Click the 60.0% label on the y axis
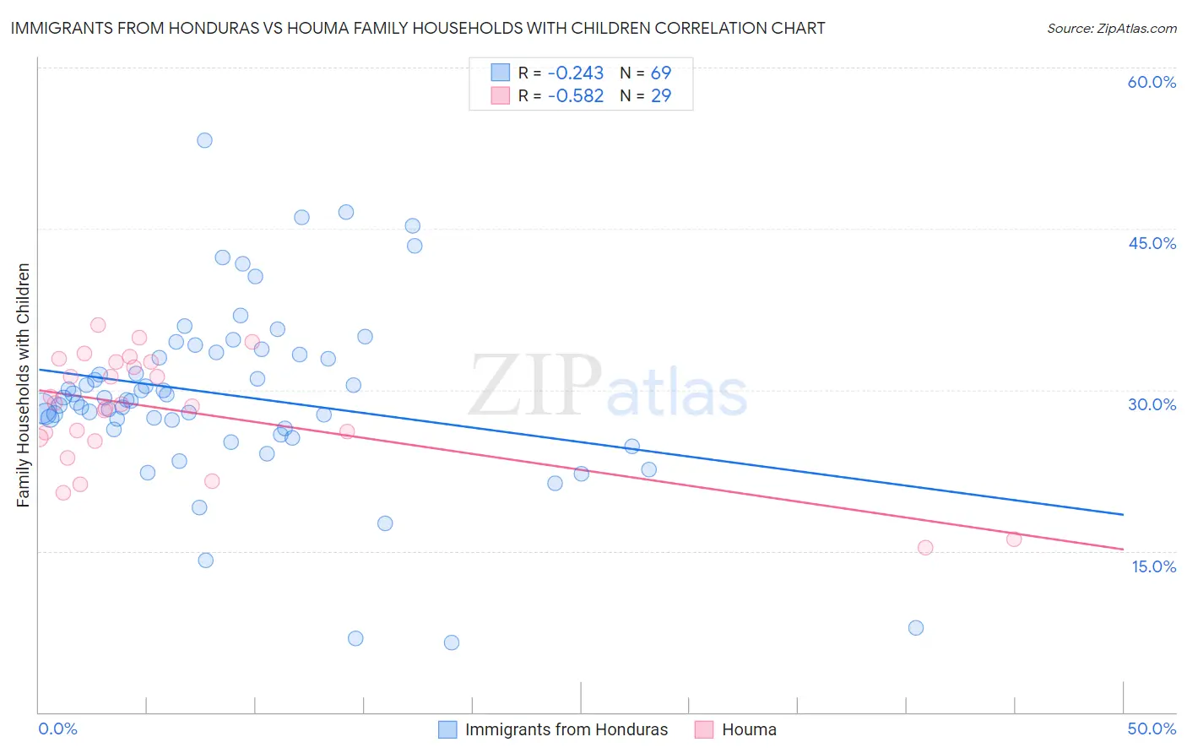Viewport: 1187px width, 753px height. pos(1152,82)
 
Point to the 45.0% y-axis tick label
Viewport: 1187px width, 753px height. pos(1152,243)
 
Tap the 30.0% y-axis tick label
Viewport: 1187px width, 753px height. pos(1152,404)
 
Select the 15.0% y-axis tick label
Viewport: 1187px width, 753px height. pos(1153,566)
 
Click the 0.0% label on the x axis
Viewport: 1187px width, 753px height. pos(57,729)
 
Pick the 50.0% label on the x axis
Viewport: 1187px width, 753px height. pos(1152,729)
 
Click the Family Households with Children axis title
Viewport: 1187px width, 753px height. pos(24,385)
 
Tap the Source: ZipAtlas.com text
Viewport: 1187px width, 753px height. pos(1111,28)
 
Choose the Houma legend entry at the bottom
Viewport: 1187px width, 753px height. pos(748,729)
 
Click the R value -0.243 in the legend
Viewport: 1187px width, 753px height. pos(576,73)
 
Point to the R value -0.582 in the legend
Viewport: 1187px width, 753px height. pos(576,95)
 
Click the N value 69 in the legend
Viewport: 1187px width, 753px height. pos(660,73)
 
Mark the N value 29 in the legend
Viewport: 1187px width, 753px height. pos(660,95)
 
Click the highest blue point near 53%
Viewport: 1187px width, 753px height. pos(204,140)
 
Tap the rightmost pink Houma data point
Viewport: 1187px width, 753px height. pos(1014,539)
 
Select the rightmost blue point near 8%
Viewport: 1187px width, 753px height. pos(916,628)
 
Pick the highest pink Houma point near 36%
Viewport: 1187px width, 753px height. pos(98,325)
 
